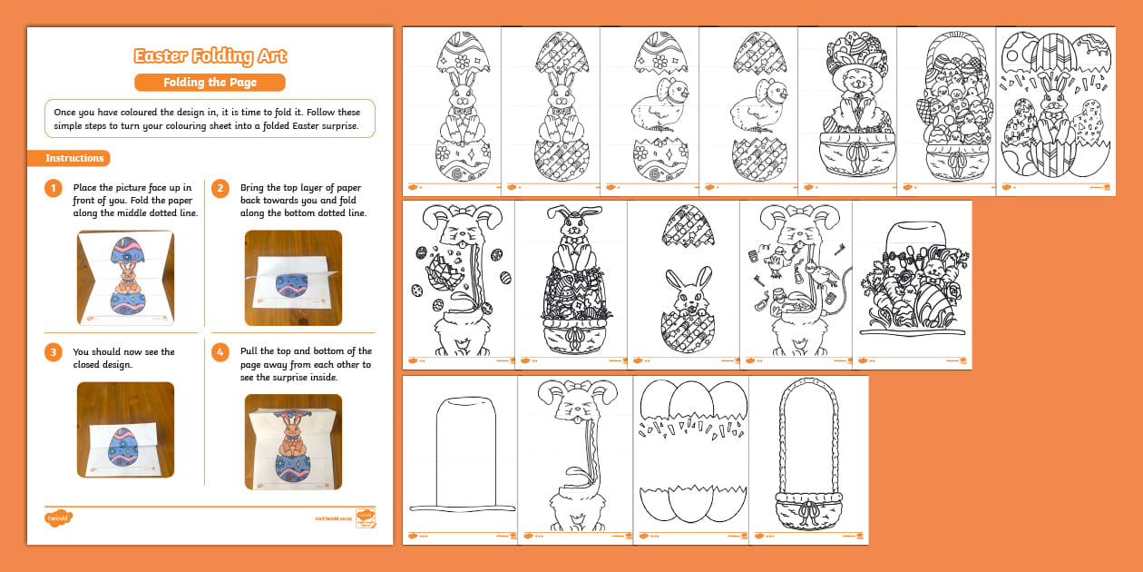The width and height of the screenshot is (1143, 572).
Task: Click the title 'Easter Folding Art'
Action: click(x=210, y=56)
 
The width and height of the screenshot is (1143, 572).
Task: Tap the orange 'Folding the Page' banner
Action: click(x=210, y=83)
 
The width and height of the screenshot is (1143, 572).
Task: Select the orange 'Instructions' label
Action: click(x=74, y=158)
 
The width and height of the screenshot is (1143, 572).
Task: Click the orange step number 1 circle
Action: click(x=54, y=189)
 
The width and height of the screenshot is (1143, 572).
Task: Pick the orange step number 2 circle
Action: click(x=220, y=189)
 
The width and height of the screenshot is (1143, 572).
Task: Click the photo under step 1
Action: click(x=125, y=278)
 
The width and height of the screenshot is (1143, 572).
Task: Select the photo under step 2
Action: click(x=293, y=278)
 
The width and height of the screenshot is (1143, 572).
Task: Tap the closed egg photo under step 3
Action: click(x=125, y=429)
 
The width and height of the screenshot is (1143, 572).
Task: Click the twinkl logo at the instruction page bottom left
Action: click(x=58, y=518)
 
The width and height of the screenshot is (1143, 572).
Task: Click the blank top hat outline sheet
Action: click(x=460, y=459)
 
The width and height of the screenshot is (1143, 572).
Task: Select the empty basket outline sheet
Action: click(x=809, y=459)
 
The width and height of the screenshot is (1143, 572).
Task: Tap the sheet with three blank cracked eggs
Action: click(x=693, y=459)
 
